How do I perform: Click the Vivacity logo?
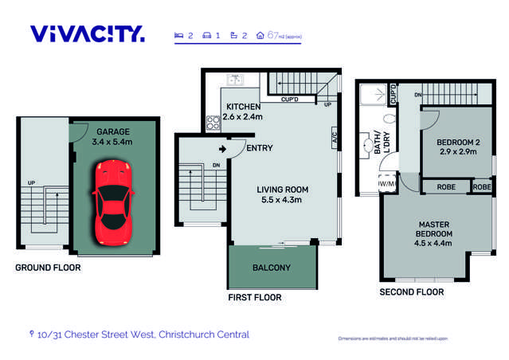click(88, 33)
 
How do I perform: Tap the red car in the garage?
click(112, 202)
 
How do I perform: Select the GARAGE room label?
click(113, 131)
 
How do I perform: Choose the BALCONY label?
click(272, 268)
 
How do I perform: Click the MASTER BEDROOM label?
click(433, 228)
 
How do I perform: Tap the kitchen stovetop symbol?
click(213, 123)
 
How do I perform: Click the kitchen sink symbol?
click(235, 80)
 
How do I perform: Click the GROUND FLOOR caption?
click(48, 268)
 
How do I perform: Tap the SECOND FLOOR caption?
click(413, 292)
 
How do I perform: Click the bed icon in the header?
click(179, 35)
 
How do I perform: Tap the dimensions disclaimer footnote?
click(393, 339)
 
